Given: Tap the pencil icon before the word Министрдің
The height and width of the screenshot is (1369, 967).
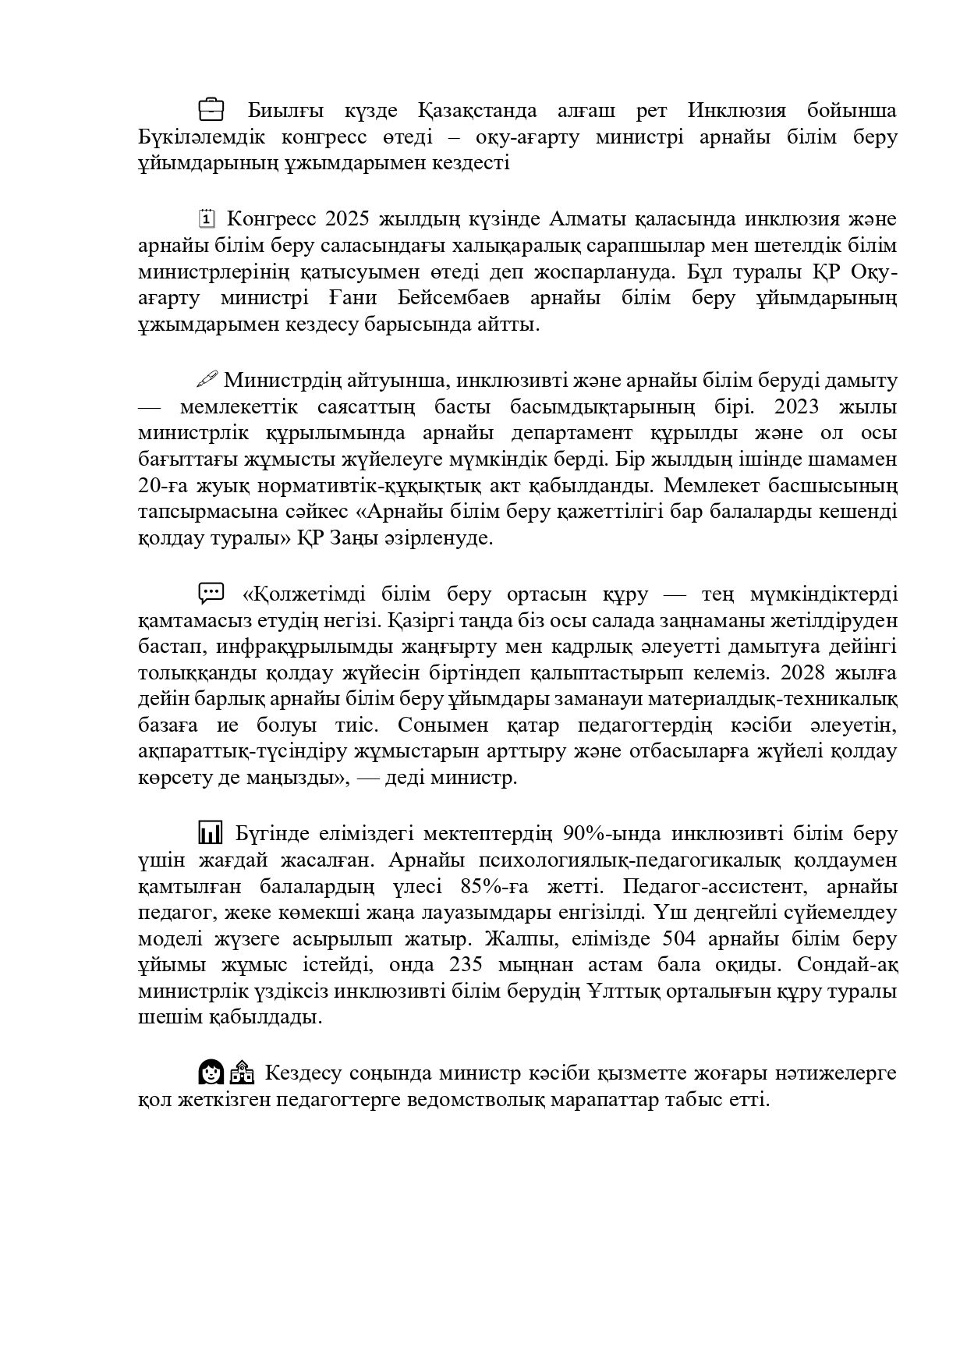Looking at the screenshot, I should [x=207, y=380].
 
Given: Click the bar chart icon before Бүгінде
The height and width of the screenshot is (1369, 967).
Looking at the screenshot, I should [x=211, y=833].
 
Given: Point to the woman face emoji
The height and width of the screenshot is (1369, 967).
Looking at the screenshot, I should [x=211, y=1073].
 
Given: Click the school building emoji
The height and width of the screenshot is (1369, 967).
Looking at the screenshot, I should [x=242, y=1073].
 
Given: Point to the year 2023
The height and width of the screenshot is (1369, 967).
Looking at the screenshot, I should [x=866, y=406].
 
